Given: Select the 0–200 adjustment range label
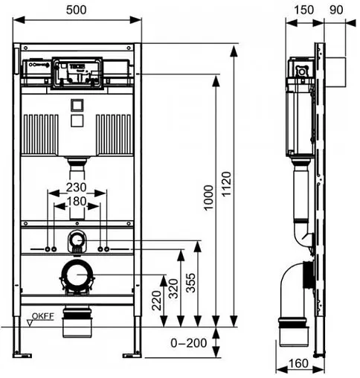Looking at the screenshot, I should (x=189, y=345).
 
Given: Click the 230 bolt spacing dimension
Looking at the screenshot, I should (x=78, y=188).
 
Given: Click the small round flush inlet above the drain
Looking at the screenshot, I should (x=77, y=240).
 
